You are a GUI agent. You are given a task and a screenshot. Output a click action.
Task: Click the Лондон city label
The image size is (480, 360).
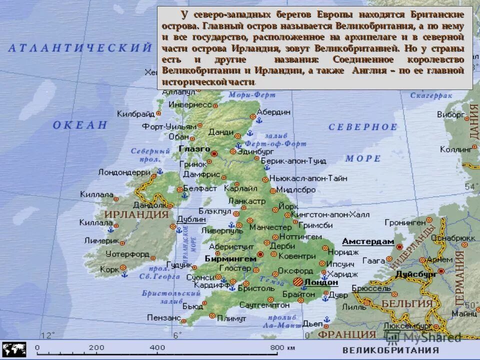coord(321,282)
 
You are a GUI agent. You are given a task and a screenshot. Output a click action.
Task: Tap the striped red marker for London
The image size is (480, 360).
coord(298,282)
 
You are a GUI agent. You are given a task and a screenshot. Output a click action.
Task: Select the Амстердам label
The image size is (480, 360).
coord(368,241)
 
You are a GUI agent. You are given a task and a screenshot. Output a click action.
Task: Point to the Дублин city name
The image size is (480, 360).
coord(191,219)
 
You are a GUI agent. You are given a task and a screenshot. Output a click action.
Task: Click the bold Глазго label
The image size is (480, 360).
coord(194,149)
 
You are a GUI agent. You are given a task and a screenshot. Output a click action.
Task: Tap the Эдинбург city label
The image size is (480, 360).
coord(255,151)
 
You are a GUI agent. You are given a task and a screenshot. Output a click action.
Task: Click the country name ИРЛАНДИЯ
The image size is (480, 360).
coord(136,214)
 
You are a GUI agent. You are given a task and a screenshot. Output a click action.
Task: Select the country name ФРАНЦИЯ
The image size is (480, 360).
coord(347,334)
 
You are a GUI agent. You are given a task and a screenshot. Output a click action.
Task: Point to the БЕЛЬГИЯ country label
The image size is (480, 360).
coord(406,303)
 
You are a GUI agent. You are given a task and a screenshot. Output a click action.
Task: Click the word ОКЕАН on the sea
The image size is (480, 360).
coord(80,125)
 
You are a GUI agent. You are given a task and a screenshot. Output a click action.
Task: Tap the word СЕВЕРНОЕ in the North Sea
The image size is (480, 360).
coord(363,127)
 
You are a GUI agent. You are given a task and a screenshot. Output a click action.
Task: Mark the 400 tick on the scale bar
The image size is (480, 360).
coord(157,347)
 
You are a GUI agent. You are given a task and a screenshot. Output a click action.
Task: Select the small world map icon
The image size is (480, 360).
coord(14,349)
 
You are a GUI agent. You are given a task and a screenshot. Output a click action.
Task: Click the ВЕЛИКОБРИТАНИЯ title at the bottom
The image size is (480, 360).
coord(390,350)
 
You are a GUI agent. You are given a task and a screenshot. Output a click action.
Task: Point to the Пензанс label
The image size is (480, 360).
coord(164,317)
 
